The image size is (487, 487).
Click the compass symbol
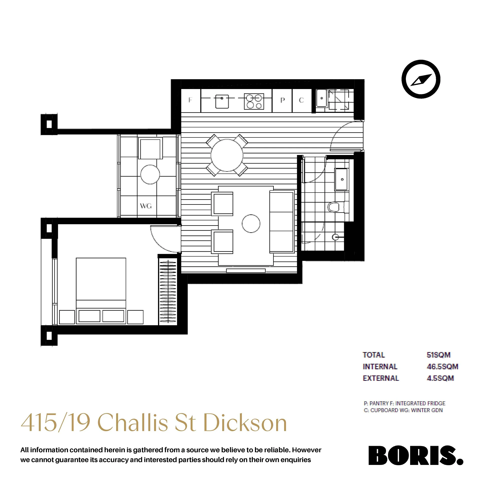[x=421, y=79]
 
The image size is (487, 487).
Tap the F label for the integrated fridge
[x=190, y=100]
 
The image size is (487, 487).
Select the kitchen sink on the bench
[x=222, y=101]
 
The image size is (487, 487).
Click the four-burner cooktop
[x=254, y=101]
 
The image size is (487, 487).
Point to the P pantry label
[x=282, y=100]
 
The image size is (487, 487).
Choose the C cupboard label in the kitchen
[x=301, y=100]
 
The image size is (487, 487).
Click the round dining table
[x=227, y=155]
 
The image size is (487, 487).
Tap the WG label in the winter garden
[x=146, y=206]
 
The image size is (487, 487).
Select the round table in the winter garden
[x=150, y=174]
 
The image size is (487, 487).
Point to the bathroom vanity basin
[x=341, y=179]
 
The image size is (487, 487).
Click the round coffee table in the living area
[x=251, y=223]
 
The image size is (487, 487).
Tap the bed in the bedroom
[x=101, y=291]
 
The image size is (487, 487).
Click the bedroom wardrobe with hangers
[x=168, y=291]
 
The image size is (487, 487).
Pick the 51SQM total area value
[x=439, y=355]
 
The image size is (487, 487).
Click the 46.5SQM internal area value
[x=443, y=367]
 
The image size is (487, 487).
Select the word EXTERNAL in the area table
[x=381, y=378]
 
